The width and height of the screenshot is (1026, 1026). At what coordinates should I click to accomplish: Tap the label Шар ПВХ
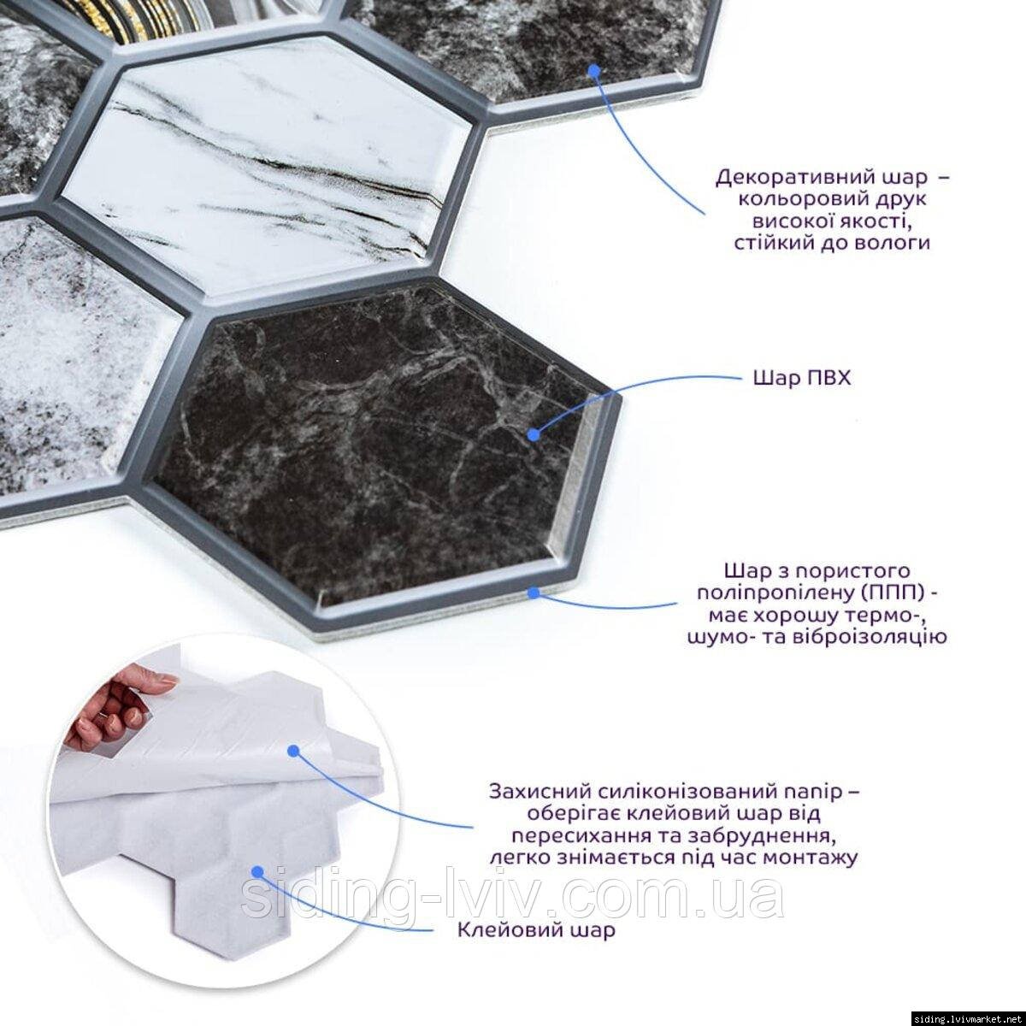(802, 379)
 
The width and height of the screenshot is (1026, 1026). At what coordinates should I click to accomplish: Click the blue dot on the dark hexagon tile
(534, 435)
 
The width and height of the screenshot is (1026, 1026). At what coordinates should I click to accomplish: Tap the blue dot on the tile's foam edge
(534, 592)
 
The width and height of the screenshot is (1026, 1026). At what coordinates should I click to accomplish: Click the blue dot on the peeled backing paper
(292, 751)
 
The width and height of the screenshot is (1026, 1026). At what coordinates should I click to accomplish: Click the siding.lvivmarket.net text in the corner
(969, 1019)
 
